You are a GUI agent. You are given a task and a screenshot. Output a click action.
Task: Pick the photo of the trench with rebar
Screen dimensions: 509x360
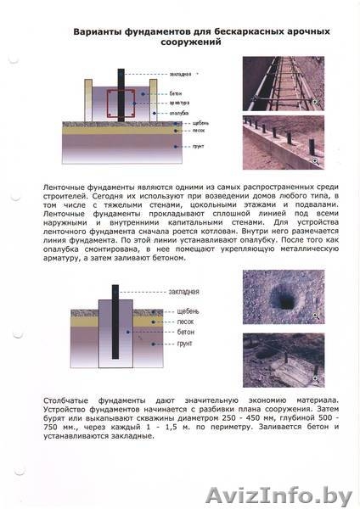tap(280, 85)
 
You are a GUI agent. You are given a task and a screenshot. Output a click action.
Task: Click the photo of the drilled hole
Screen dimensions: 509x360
tap(280, 298)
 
